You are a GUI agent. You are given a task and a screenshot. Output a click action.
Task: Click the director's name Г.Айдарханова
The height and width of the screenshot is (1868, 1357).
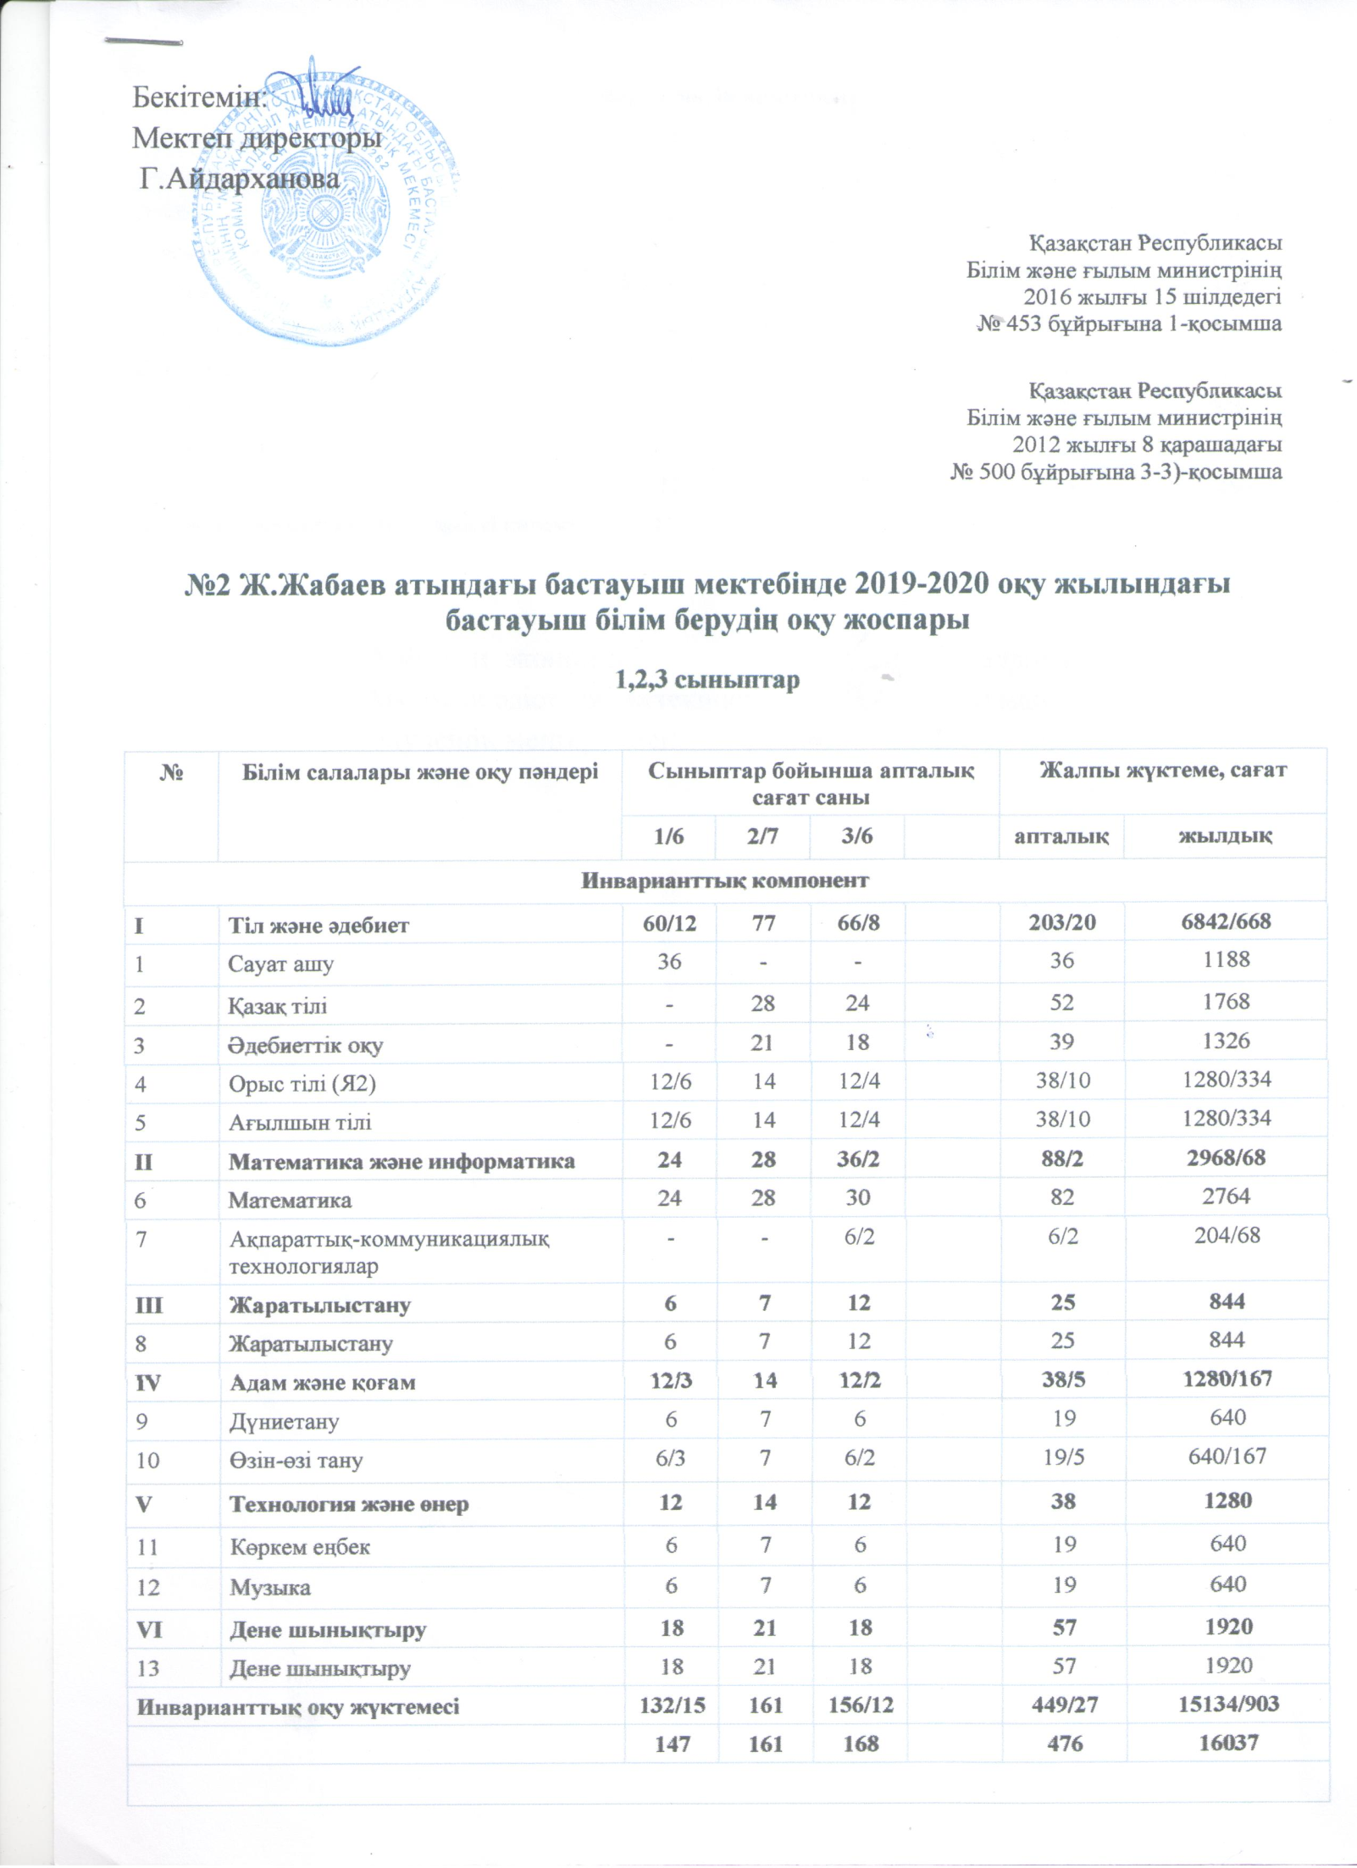[240, 179]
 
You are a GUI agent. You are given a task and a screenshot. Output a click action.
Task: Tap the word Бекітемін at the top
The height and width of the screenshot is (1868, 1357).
[200, 98]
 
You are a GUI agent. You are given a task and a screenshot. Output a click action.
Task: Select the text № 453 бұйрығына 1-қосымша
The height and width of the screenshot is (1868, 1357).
[1129, 323]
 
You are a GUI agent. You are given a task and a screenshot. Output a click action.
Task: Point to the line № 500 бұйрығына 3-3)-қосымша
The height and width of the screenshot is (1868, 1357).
[1116, 472]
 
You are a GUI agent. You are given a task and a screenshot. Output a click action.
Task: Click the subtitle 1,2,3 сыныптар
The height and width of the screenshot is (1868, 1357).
[707, 680]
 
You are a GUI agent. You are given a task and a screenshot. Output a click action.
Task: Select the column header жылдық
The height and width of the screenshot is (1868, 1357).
[1225, 837]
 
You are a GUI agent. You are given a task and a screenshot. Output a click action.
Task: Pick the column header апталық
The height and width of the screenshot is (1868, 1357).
[1061, 837]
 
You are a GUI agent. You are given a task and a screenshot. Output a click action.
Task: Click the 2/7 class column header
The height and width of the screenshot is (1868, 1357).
[762, 837]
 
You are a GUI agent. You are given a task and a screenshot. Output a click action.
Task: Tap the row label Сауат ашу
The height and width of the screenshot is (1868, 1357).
[280, 964]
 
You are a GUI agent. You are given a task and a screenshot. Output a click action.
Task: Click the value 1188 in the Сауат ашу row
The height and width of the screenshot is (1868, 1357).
[1226, 960]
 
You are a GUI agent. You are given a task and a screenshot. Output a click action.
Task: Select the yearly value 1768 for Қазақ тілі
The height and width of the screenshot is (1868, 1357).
[1226, 1002]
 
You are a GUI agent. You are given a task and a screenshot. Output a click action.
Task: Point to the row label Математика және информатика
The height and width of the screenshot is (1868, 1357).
[402, 1161]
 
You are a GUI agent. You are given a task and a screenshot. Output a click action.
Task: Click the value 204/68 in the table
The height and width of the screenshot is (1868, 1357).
[1226, 1235]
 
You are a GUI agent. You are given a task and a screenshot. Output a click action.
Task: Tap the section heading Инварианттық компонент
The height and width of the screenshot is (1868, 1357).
[724, 881]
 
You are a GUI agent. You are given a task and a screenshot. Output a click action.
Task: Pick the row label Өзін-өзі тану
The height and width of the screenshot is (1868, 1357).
[296, 1460]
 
